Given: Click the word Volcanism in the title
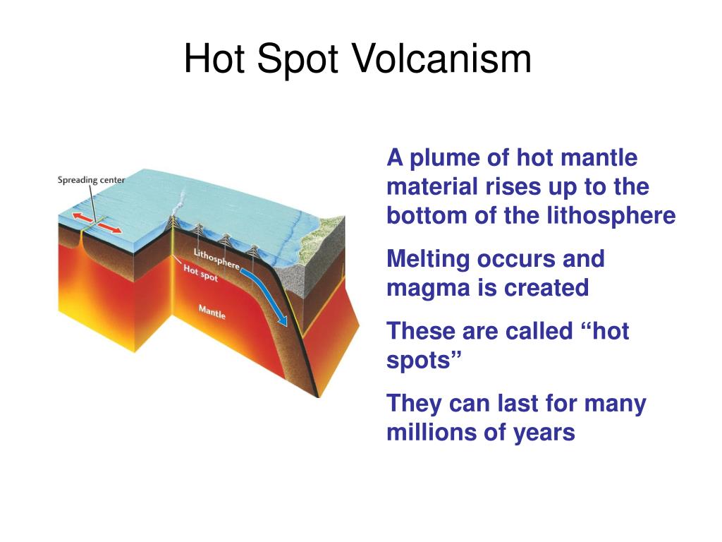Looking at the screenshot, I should (x=441, y=59).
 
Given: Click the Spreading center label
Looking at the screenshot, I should (x=91, y=180).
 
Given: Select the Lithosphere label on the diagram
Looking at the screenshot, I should (x=216, y=259).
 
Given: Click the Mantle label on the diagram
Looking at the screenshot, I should (x=212, y=311).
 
